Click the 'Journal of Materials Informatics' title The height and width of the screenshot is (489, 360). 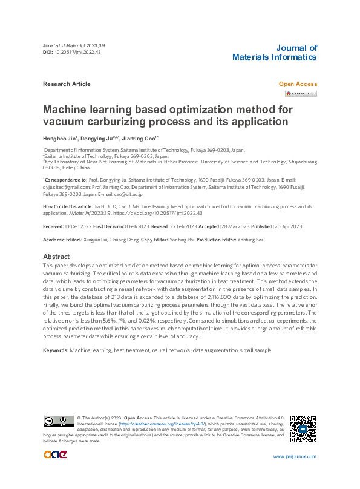274,53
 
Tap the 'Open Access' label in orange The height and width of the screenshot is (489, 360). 297,84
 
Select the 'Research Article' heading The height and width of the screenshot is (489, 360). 67,84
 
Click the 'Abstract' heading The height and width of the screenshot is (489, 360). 57,257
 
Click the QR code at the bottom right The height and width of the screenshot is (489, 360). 303,429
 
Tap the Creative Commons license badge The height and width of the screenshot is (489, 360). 58,421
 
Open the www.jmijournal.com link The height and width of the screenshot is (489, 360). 295,456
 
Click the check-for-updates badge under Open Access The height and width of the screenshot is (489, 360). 301,94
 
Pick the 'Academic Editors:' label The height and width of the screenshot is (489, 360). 62,240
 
